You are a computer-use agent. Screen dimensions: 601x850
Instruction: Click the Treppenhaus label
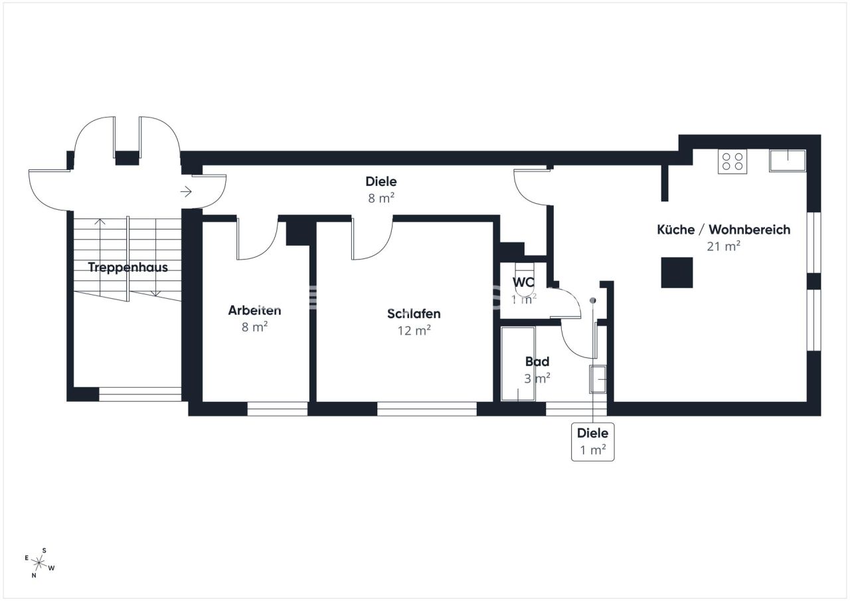pyautogui.click(x=127, y=268)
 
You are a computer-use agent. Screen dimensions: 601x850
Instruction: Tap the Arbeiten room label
pyautogui.click(x=254, y=310)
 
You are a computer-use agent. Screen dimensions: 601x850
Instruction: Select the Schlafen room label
pyautogui.click(x=414, y=314)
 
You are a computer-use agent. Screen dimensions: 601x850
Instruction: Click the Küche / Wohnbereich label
pyautogui.click(x=723, y=230)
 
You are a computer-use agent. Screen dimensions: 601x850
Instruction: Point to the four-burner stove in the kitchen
pyautogui.click(x=732, y=161)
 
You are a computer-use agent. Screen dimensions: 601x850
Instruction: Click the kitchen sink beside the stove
pyautogui.click(x=787, y=160)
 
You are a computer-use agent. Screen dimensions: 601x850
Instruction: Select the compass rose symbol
pyautogui.click(x=40, y=564)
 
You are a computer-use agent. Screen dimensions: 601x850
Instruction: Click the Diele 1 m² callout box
pyautogui.click(x=592, y=442)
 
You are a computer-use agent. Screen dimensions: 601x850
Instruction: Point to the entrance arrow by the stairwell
pyautogui.click(x=186, y=192)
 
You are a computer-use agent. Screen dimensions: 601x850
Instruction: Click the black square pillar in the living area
pyautogui.click(x=677, y=272)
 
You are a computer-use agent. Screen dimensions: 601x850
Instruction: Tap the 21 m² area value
pyautogui.click(x=723, y=246)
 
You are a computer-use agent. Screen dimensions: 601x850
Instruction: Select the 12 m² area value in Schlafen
pyautogui.click(x=414, y=330)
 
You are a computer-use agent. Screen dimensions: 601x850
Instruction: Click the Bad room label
pyautogui.click(x=537, y=362)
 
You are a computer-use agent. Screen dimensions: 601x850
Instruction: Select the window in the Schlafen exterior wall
pyautogui.click(x=426, y=409)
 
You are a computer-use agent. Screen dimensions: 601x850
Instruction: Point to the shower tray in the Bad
pyautogui.click(x=517, y=364)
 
